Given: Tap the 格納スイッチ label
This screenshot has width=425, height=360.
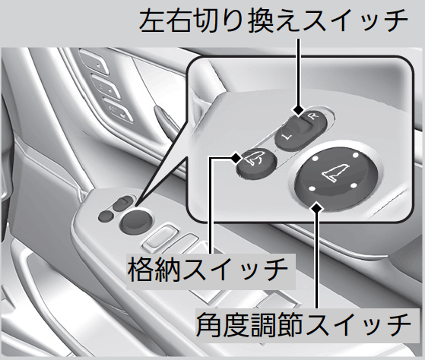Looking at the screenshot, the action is tap(208, 270).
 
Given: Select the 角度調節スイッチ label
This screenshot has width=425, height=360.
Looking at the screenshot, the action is tap(303, 324).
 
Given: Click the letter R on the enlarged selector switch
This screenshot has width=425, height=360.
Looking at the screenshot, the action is tap(313, 117).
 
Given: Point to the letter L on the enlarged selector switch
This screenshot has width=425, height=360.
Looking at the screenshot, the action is tap(285, 137).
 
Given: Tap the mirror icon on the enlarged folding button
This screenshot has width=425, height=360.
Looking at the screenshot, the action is tap(254, 158).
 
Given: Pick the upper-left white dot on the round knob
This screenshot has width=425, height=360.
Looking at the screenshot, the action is tap(315, 159).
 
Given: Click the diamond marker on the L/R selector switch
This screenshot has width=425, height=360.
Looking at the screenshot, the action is tap(299, 110).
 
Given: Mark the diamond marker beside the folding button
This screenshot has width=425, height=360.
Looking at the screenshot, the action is tap(236, 157).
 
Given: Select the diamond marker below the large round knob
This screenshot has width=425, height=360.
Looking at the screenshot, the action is tap(316, 208).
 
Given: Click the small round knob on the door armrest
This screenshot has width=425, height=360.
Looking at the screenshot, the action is tap(135, 219).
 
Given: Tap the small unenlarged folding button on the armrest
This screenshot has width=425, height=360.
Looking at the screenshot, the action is tap(106, 216).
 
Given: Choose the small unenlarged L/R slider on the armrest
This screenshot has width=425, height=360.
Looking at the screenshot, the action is tap(122, 204).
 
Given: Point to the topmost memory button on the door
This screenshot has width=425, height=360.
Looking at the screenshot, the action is tap(94, 62).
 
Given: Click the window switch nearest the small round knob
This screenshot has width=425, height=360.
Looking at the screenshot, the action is tap(160, 238).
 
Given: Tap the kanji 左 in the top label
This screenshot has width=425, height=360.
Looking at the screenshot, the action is tap(152, 21).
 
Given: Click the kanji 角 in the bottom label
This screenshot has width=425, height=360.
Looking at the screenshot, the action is tap(209, 324).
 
